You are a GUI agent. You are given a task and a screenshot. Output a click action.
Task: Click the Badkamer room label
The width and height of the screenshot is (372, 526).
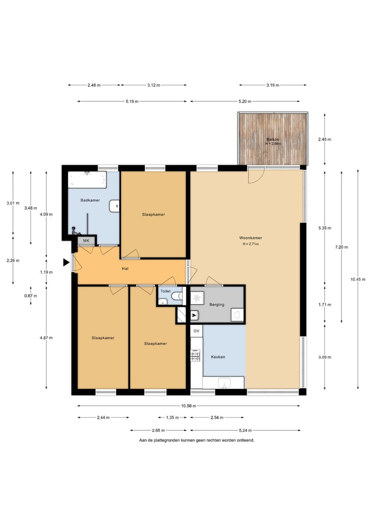90,200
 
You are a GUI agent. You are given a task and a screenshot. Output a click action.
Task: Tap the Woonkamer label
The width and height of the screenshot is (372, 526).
251,238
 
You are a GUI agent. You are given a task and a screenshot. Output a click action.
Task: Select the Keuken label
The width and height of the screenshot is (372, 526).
218,357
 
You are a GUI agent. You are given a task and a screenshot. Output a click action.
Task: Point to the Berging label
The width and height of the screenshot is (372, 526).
217,305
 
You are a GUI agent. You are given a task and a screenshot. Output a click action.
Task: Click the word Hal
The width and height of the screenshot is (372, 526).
125,269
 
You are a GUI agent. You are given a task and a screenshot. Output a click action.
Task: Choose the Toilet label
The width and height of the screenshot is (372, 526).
165,291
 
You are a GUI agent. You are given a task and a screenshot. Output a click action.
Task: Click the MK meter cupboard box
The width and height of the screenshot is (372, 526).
86,241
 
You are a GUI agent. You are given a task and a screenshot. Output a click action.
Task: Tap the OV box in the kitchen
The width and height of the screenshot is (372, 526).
196,331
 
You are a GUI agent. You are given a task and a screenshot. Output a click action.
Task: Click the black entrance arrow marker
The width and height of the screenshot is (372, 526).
66,262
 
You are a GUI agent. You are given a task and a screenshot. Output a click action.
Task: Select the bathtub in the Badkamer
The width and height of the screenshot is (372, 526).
87,179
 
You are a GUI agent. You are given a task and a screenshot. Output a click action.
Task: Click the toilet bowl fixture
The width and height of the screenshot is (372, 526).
177,296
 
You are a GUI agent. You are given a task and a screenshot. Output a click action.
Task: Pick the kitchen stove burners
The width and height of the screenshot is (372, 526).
195,355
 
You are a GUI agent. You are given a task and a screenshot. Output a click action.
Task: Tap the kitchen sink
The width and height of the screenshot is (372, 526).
224,382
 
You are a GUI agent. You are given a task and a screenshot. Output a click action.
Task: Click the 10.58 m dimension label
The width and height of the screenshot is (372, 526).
189,406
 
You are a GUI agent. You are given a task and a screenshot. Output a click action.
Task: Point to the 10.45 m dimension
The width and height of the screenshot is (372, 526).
358,279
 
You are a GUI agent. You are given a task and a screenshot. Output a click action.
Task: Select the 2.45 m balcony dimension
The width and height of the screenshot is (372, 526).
324,139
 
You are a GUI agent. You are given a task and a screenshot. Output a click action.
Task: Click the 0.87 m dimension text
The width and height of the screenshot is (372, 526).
30,296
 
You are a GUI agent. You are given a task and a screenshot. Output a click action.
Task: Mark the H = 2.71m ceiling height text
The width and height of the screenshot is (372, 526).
251,244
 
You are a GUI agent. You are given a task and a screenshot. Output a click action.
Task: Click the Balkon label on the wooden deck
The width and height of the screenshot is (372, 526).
273,139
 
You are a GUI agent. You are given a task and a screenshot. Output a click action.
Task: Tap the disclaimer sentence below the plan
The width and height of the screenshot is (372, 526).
197,440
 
